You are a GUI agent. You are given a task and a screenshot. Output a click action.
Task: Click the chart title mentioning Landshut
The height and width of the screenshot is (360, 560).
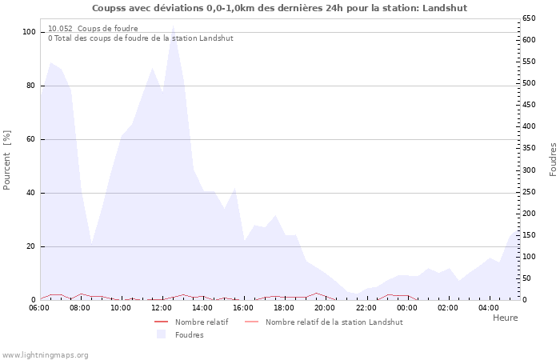279,8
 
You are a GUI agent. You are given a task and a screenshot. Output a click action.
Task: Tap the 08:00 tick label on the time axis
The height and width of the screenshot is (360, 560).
81,307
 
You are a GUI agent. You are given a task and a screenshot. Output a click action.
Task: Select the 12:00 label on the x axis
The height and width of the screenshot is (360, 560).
162,307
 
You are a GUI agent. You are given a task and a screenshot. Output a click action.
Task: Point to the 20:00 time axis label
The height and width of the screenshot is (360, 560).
325,307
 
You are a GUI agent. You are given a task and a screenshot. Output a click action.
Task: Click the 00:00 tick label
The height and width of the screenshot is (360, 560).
406,307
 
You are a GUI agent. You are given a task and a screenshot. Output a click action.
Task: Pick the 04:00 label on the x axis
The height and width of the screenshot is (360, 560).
488,307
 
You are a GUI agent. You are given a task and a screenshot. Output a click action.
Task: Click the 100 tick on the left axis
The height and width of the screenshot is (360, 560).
29,32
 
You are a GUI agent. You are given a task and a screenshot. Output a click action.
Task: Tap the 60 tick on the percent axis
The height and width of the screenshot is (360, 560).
31,139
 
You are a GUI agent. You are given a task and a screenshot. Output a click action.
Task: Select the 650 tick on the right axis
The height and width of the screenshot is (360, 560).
529,18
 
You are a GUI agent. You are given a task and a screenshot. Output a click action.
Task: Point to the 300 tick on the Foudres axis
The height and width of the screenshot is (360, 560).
529,170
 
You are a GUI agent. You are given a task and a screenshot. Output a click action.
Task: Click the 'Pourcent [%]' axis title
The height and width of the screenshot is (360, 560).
7,160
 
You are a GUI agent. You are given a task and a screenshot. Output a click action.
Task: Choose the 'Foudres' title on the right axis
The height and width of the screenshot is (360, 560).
553,160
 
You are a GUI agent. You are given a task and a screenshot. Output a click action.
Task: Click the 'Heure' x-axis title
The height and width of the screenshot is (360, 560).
505,318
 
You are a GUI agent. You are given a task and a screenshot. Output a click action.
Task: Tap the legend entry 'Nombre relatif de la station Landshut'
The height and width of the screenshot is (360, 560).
334,322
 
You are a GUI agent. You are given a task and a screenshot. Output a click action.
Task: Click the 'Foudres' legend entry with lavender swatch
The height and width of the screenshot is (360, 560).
189,334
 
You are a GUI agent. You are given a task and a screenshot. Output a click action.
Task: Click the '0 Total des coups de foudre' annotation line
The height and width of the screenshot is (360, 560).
140,38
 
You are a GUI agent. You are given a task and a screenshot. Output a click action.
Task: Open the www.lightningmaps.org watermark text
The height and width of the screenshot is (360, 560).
46,354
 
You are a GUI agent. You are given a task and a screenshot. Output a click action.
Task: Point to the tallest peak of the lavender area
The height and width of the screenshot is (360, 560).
173,26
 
